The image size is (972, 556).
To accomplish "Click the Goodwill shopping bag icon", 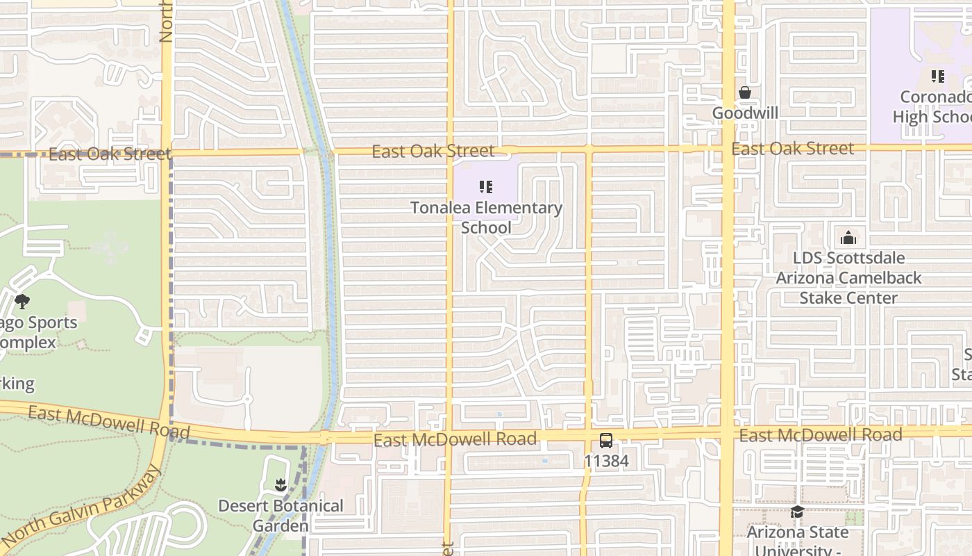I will [x=745, y=92].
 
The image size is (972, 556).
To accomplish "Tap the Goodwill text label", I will [x=745, y=113].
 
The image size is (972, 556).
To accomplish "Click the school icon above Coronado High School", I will [x=937, y=76].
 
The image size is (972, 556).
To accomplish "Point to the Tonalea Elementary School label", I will [x=486, y=218].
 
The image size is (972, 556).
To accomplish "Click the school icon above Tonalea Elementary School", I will [x=486, y=186].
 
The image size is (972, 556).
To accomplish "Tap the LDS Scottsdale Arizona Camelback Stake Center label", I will [x=848, y=277].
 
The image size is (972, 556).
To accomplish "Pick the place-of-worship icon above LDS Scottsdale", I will [x=848, y=238].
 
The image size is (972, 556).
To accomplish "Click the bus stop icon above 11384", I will [x=606, y=441].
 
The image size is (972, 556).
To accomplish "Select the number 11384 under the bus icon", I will [x=606, y=461].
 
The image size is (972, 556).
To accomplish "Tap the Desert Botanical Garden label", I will [x=280, y=515].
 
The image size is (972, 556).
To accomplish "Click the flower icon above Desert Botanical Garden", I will [x=280, y=484].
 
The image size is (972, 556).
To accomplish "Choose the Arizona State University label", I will [x=798, y=540].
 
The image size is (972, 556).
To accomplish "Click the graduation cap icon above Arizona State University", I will [x=797, y=512].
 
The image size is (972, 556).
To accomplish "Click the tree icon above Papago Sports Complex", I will [x=22, y=301].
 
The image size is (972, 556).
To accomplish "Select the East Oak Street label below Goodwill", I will [x=792, y=148].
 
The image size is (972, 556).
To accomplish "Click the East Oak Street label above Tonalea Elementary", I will [x=433, y=151].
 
